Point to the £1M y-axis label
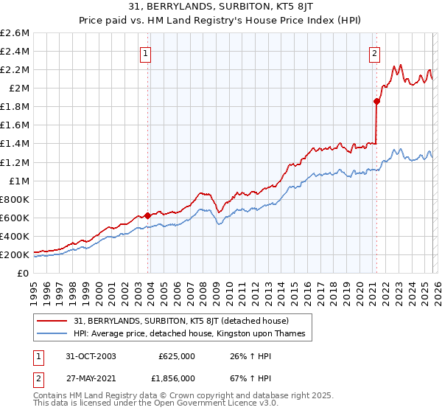click(x=18, y=181)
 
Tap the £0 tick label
click(x=24, y=274)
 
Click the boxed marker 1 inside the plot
click(x=145, y=53)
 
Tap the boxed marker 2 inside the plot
click(x=374, y=53)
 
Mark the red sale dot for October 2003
click(x=147, y=215)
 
